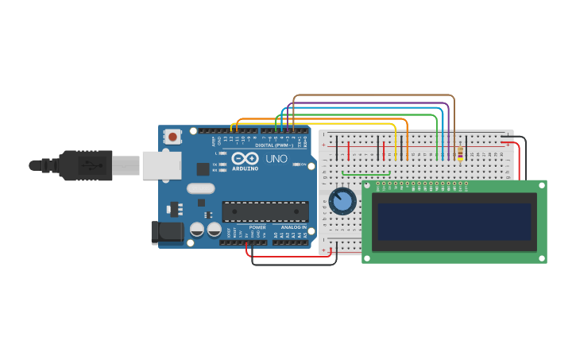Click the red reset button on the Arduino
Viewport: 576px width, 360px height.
172,137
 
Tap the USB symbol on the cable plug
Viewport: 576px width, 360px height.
89,166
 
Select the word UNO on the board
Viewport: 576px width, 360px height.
276,159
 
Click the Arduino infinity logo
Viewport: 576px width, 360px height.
245,158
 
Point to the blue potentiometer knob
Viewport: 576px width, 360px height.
342,201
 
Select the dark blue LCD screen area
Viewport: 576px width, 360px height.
454,222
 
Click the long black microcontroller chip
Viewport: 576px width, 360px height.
265,211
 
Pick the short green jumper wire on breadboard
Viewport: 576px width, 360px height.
366,173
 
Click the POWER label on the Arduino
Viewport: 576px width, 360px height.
257,227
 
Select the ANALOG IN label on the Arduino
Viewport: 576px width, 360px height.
293,227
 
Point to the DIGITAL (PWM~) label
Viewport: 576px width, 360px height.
274,145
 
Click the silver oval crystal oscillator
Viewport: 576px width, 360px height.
201,189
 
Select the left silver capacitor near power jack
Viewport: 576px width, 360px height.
197,230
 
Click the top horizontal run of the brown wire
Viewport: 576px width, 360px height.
373,95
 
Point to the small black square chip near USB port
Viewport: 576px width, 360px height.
203,168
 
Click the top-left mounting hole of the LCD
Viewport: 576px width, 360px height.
367,185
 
